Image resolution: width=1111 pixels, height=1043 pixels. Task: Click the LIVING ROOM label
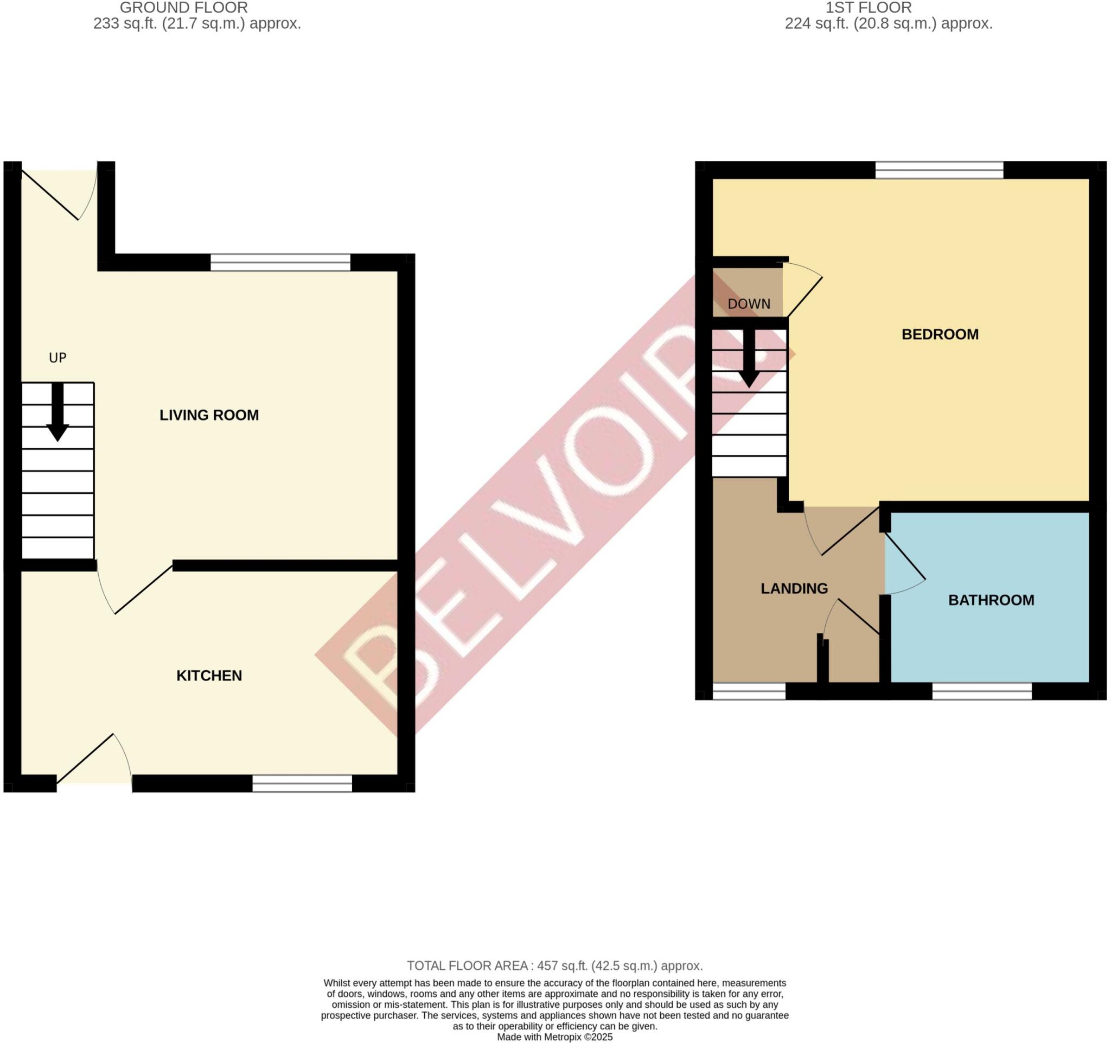click(209, 415)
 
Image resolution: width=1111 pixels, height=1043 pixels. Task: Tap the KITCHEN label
click(209, 676)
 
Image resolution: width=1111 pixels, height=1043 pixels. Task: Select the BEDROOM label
click(940, 334)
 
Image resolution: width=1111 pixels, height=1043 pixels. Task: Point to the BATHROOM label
click(991, 600)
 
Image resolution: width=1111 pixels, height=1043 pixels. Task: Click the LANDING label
click(794, 589)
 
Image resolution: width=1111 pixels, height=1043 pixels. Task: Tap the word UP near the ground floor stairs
click(58, 358)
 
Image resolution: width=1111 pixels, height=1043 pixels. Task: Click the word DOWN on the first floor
click(749, 304)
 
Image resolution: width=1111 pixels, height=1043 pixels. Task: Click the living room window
click(280, 262)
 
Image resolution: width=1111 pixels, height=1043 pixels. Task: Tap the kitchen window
click(302, 784)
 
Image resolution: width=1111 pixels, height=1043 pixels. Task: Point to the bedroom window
click(939, 170)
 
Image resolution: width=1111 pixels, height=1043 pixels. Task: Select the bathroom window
click(982, 691)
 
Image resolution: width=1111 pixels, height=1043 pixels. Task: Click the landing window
click(749, 691)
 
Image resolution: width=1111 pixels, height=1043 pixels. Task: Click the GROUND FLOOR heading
click(184, 8)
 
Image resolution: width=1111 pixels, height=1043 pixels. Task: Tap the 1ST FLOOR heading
click(869, 8)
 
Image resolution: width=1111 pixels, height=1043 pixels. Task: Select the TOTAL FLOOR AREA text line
click(554, 966)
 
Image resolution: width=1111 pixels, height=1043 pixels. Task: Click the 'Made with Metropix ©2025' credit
click(555, 1038)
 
